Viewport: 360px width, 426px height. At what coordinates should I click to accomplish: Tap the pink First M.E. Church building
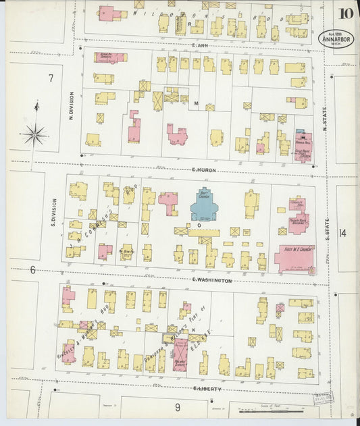[294, 258]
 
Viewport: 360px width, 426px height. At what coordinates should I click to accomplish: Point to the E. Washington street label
[211, 280]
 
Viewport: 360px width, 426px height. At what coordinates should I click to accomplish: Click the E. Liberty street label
[207, 389]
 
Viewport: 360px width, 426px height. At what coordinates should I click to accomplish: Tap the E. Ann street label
[197, 46]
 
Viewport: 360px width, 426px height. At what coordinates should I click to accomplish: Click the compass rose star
[34, 134]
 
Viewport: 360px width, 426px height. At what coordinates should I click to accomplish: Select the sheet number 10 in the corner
[346, 14]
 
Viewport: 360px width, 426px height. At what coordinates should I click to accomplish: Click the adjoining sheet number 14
[343, 234]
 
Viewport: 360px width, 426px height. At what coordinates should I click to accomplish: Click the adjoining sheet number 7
[50, 78]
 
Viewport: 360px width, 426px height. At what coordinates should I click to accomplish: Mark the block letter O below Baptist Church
[199, 225]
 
